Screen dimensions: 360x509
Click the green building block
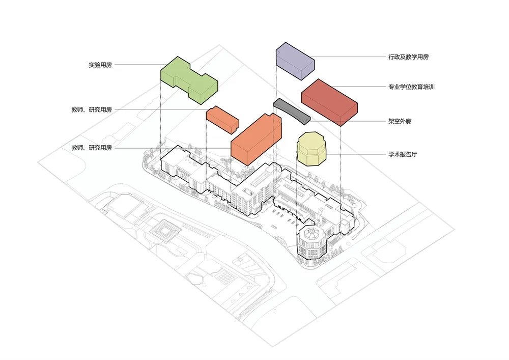pyautogui.click(x=188, y=79)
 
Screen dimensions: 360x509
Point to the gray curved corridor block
pyautogui.click(x=292, y=110)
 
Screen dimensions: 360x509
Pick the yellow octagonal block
pyautogui.click(x=312, y=148)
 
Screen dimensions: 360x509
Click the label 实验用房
pyautogui.click(x=100, y=65)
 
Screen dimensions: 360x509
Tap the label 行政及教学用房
pyautogui.click(x=408, y=57)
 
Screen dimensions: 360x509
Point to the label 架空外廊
pyautogui.click(x=400, y=122)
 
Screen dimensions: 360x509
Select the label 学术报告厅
pyautogui.click(x=403, y=154)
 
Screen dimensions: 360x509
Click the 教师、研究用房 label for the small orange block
pyautogui.click(x=92, y=109)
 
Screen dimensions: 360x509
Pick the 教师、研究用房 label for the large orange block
pyautogui.click(x=92, y=148)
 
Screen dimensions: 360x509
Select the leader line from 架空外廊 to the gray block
pyautogui.click(x=346, y=122)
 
